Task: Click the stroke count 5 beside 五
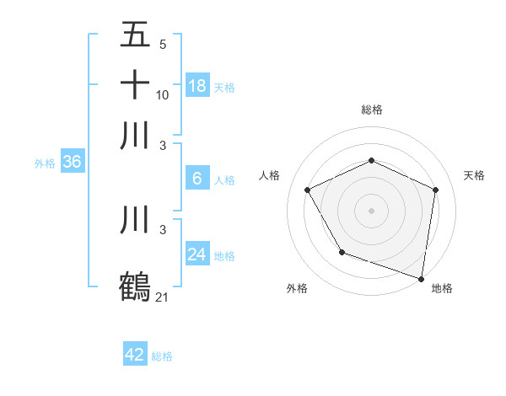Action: coord(163,44)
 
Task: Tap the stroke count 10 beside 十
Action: coord(163,94)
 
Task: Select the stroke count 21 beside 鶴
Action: coord(163,297)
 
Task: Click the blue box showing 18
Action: coord(197,86)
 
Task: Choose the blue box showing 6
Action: coord(197,179)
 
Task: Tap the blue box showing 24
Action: coord(197,254)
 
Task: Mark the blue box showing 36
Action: coord(72,163)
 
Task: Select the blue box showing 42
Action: coord(135,355)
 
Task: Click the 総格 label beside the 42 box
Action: coord(162,356)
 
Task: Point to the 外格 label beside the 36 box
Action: coord(45,163)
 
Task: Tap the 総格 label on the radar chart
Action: coord(371,110)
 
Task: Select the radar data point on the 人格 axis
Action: coord(308,190)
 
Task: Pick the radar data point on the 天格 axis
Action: coord(435,190)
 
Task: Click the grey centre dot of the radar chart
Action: coord(371,210)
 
